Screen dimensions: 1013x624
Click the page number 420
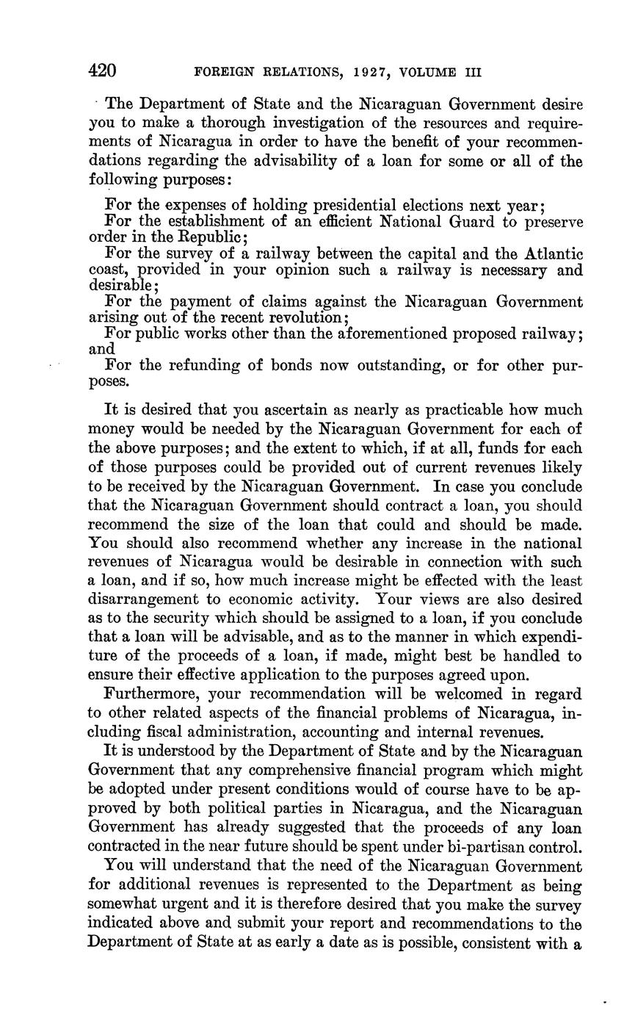pyautogui.click(x=102, y=71)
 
